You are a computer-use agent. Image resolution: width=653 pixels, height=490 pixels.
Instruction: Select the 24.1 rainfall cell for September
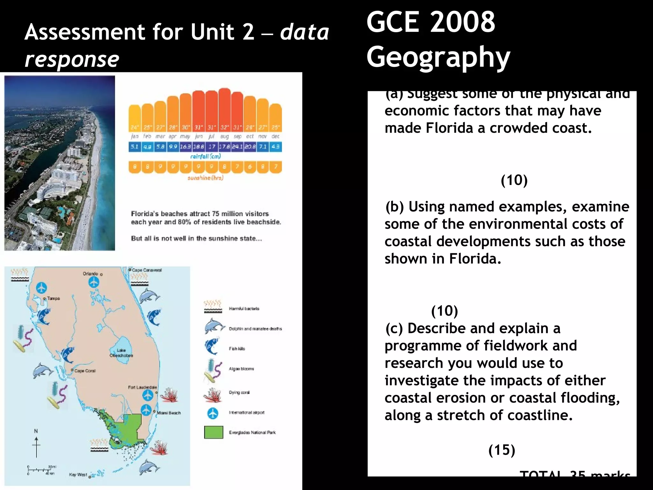(237, 147)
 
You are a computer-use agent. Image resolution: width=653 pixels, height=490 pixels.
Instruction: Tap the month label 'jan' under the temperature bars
(135, 137)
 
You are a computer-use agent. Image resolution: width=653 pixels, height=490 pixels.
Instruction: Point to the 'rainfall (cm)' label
(205, 156)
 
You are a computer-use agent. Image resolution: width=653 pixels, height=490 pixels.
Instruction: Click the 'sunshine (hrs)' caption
(205, 178)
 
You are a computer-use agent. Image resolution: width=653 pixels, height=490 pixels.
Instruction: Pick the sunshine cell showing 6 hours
(250, 167)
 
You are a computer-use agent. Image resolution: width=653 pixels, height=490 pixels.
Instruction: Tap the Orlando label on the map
(91, 274)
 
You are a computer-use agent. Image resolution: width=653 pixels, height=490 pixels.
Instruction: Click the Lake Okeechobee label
(121, 353)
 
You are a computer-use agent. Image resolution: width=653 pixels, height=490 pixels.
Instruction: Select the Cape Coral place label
(85, 371)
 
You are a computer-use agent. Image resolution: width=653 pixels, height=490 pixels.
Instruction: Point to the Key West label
(78, 475)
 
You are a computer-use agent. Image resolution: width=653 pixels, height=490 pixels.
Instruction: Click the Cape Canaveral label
(147, 270)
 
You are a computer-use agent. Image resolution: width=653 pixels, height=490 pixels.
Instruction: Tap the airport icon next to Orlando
(94, 282)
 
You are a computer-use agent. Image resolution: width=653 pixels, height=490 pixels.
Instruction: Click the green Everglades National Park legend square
(214, 432)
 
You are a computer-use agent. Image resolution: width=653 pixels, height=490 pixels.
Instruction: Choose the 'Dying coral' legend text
(239, 392)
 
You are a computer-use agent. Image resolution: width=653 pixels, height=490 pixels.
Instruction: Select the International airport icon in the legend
(213, 413)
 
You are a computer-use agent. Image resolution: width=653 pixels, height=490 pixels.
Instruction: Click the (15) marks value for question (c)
(502, 450)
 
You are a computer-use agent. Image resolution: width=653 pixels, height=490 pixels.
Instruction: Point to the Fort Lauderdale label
(142, 387)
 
